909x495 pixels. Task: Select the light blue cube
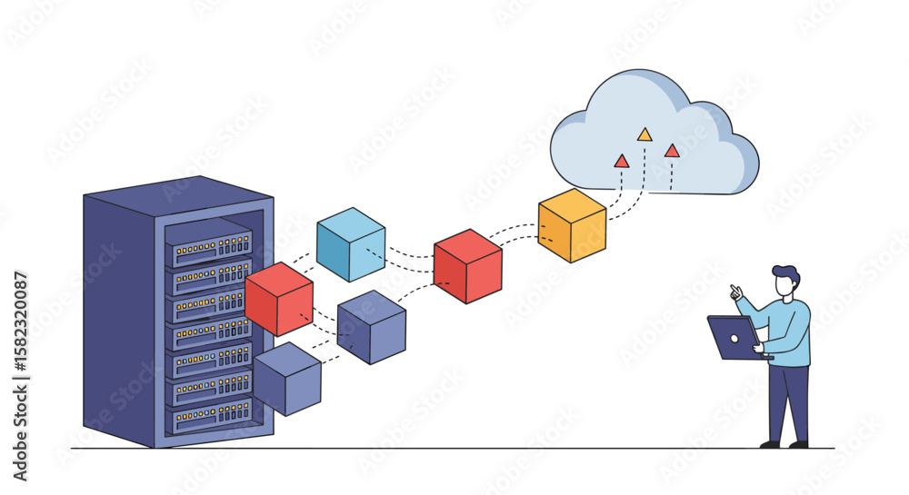point(351,244)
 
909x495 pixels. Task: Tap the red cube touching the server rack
point(279,299)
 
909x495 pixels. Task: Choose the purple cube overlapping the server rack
point(287,379)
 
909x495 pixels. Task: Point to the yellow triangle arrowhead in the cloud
point(644,135)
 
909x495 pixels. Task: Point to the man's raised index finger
point(734,289)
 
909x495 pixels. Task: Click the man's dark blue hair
point(785,273)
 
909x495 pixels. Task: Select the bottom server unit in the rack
point(212,414)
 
